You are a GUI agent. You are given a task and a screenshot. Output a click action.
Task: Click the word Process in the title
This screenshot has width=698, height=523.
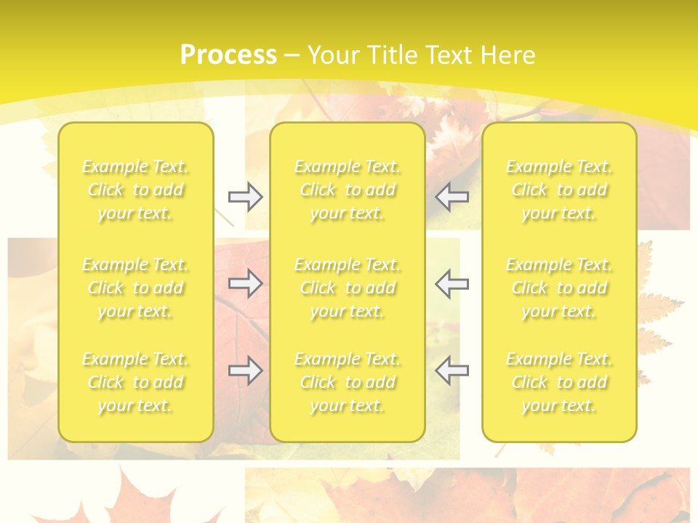point(228,55)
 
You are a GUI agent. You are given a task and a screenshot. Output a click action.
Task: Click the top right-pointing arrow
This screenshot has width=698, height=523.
point(246,197)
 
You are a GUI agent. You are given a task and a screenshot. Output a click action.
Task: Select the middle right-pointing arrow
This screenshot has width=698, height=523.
point(246,283)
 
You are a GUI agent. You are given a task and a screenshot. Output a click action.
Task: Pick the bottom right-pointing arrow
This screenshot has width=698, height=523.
point(246,370)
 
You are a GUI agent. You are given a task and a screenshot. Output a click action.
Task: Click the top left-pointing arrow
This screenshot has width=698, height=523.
point(452,197)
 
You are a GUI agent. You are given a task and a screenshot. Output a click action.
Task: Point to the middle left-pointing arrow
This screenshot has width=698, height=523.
point(452,283)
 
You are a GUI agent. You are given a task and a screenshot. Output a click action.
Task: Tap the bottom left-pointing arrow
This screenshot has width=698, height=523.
point(452,370)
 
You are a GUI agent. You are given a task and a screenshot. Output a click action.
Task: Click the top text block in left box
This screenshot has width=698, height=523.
point(135,190)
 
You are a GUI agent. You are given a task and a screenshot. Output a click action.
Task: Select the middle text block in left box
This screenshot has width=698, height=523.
point(135,288)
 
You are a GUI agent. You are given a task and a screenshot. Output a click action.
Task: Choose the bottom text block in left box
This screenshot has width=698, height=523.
point(135,382)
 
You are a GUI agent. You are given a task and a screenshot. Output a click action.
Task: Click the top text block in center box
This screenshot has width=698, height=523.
point(348,190)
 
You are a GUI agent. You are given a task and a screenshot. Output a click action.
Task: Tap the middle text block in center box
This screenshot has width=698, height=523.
point(348,288)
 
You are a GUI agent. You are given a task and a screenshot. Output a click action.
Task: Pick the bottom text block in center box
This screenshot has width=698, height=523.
point(348,382)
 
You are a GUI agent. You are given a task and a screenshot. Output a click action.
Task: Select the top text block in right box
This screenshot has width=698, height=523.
point(559,190)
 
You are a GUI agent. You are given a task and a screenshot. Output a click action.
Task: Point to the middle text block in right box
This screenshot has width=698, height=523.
point(559,288)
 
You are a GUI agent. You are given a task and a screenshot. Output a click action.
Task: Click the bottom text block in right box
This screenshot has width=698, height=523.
point(559,382)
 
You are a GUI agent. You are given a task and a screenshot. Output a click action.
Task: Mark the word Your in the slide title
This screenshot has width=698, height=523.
point(334,55)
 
